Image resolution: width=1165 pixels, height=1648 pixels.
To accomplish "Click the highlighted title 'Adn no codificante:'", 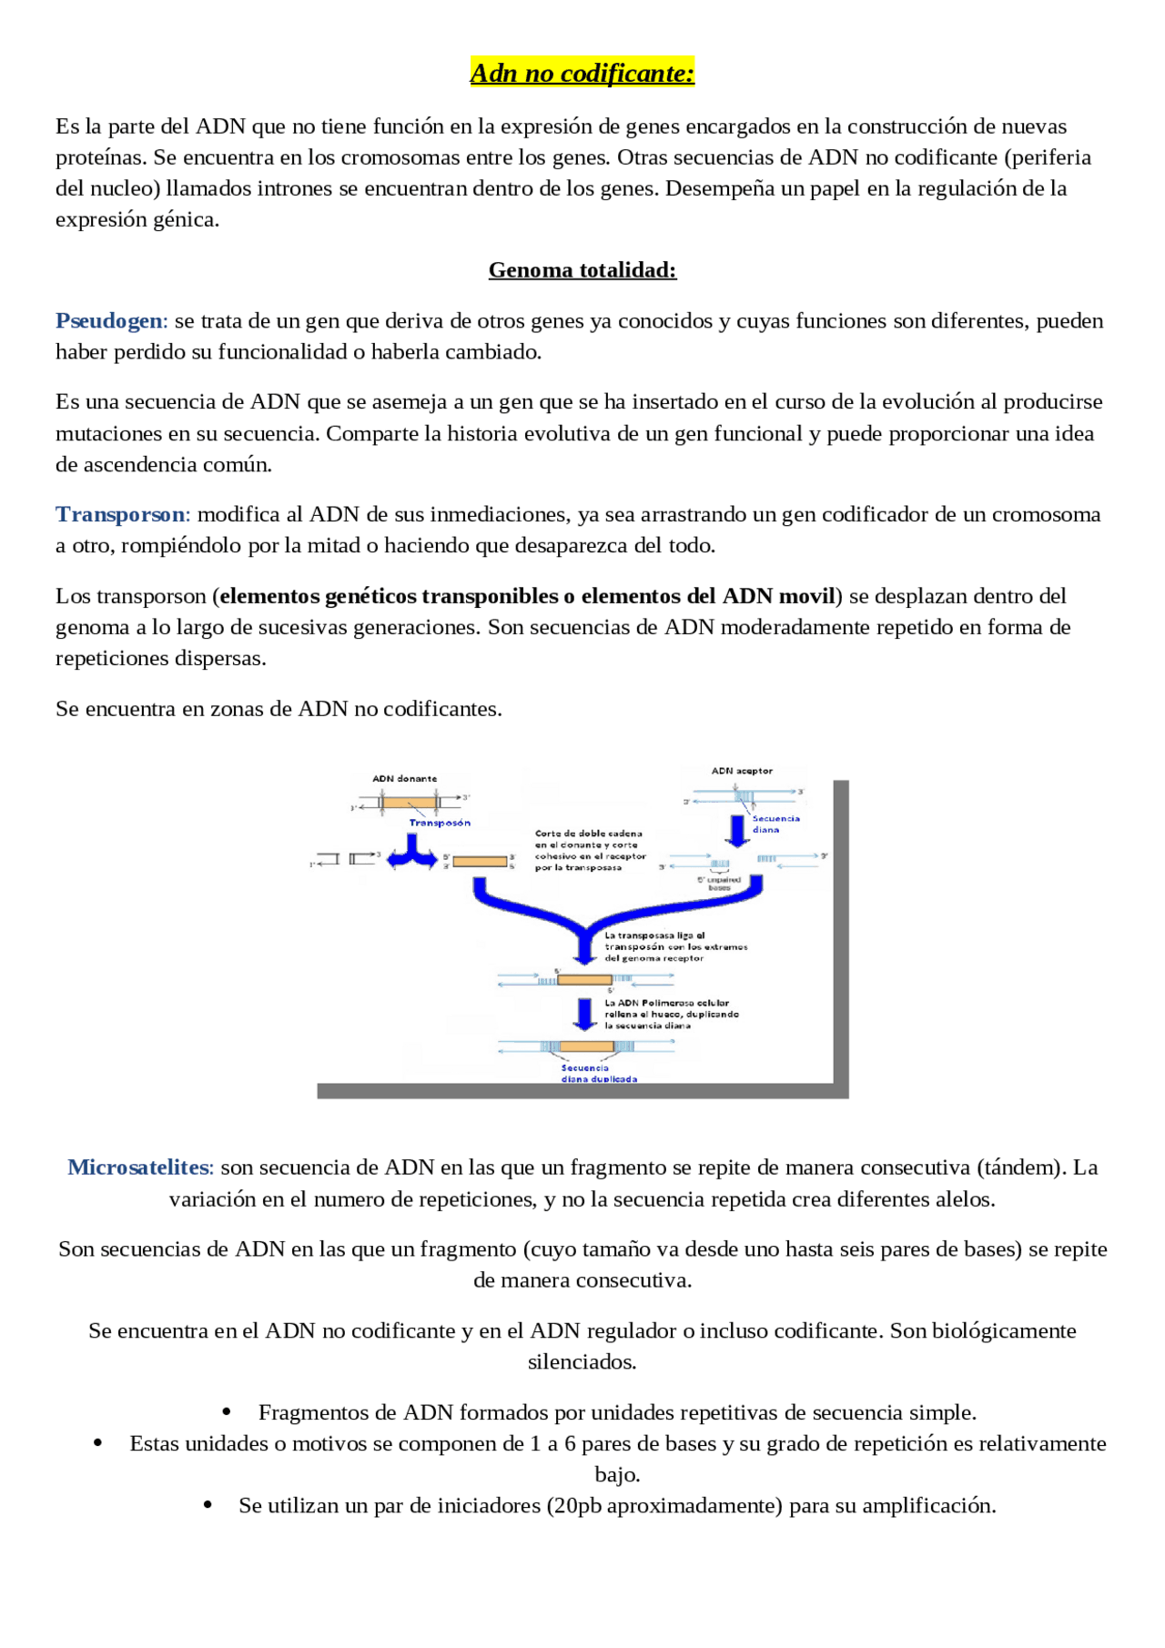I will (582, 73).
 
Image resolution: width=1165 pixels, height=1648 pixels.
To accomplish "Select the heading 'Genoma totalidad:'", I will (582, 270).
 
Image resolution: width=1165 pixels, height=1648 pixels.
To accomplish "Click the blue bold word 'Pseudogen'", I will (109, 321).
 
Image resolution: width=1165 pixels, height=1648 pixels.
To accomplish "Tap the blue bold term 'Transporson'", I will (120, 515).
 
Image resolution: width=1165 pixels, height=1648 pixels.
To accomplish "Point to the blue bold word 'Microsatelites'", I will (138, 1168).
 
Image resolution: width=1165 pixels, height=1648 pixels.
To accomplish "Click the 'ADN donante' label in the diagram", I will (404, 779).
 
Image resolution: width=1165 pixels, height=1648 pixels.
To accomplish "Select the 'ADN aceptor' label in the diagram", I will (742, 771).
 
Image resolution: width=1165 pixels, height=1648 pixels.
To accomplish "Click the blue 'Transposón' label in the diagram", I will (440, 823).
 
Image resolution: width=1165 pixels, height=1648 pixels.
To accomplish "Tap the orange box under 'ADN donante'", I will (408, 804).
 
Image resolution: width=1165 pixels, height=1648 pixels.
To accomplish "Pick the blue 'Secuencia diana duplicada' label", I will (598, 1074).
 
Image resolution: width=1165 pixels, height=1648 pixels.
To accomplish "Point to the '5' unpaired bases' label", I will (719, 884).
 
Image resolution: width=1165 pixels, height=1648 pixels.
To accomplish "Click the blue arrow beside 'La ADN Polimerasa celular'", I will (585, 1013).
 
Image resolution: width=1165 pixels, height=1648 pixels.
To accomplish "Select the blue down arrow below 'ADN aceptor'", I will (736, 830).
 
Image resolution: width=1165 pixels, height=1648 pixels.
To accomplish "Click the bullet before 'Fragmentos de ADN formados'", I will (227, 1412).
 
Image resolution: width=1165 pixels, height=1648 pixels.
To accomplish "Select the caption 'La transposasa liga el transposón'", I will (675, 946).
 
